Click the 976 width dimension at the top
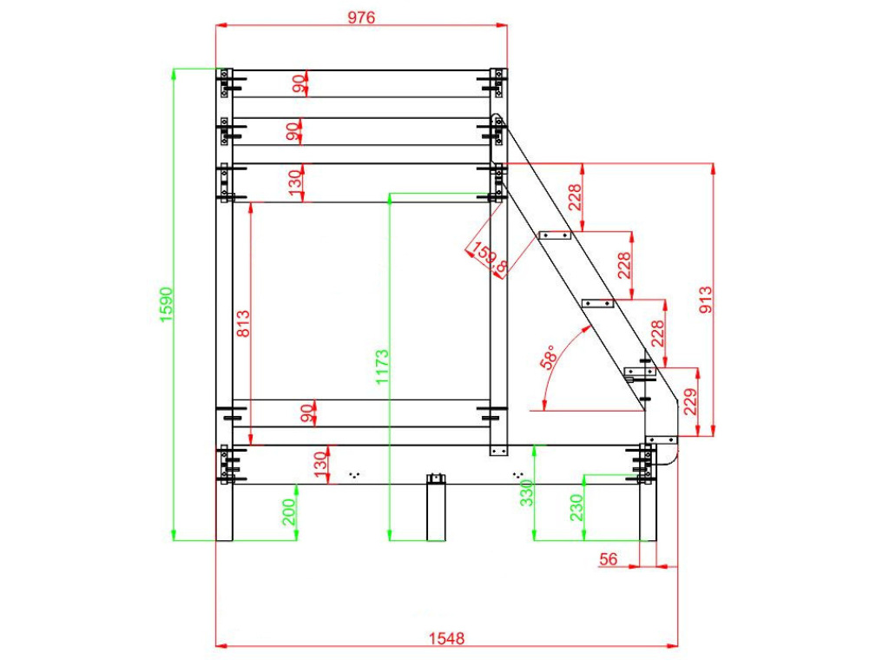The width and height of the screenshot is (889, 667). [x=360, y=17]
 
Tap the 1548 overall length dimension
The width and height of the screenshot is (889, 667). [x=446, y=638]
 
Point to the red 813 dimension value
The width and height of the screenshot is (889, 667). [x=243, y=325]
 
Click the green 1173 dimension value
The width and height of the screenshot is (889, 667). [x=382, y=366]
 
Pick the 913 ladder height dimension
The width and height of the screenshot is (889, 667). [x=705, y=300]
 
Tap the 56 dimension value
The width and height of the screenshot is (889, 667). [x=609, y=559]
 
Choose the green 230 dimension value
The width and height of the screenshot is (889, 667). [x=576, y=506]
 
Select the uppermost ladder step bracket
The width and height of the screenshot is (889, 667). [x=555, y=235]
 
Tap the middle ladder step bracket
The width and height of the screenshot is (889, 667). [x=597, y=303]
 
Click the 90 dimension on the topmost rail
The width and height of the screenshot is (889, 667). [x=298, y=83]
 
